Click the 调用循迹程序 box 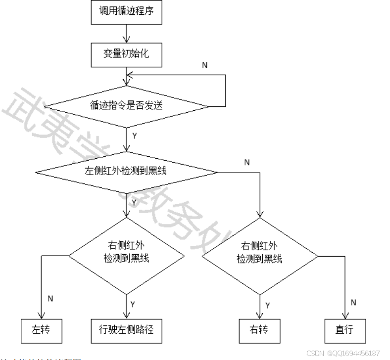pyautogui.click(x=127, y=11)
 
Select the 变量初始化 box pyautogui.click(x=127, y=54)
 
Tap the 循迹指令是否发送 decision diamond pyautogui.click(x=127, y=105)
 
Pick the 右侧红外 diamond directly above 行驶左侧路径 pyautogui.click(x=127, y=256)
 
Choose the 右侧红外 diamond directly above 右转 pyautogui.click(x=260, y=256)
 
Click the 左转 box pyautogui.click(x=42, y=329)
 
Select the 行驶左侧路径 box pyautogui.click(x=127, y=329)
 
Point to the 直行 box pyautogui.click(x=344, y=329)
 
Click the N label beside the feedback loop pyautogui.click(x=204, y=65)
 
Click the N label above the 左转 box pyautogui.click(x=50, y=299)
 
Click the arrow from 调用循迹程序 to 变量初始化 pyautogui.click(x=127, y=33)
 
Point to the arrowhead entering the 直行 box pyautogui.click(x=344, y=316)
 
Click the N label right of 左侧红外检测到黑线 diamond pyautogui.click(x=247, y=163)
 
